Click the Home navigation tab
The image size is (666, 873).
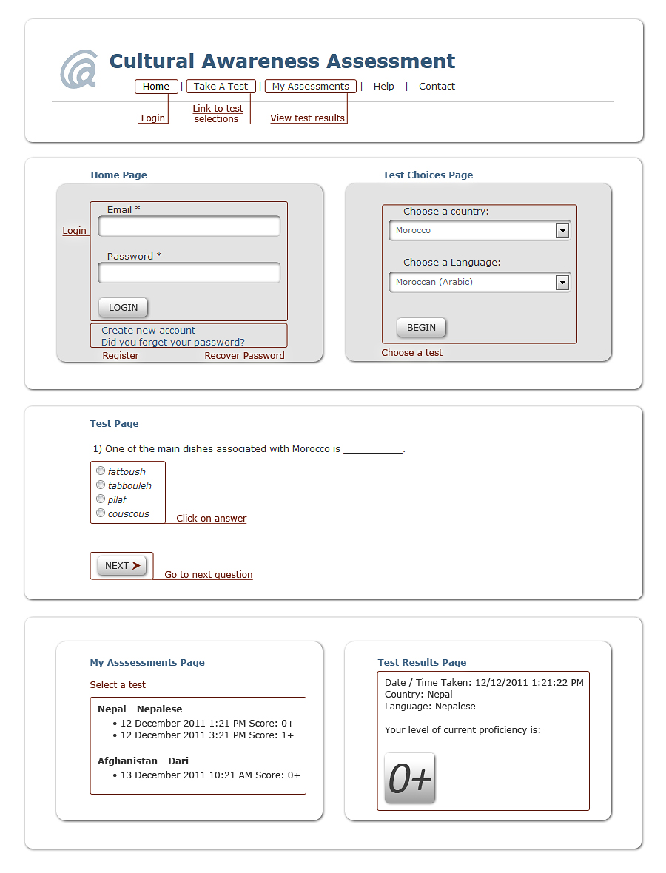[x=156, y=87]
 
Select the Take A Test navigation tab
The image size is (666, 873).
[x=221, y=87]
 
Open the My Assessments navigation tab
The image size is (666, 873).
[x=310, y=87]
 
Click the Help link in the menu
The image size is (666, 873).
[x=383, y=87]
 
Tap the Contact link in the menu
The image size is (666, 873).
[x=437, y=87]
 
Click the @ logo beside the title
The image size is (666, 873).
[x=78, y=70]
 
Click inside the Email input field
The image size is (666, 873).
[x=189, y=226]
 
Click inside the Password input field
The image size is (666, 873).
[x=189, y=273]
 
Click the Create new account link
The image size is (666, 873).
[x=149, y=331]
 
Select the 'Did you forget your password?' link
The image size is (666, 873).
[x=173, y=343]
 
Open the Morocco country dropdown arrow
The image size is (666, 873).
[x=562, y=231]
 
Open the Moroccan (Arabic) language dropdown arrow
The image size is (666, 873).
[x=562, y=283]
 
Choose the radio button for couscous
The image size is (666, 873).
[x=101, y=513]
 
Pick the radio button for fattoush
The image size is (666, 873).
[x=101, y=471]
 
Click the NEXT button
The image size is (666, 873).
[x=122, y=566]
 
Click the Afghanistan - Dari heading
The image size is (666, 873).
[x=143, y=761]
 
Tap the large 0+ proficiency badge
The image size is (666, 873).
[x=410, y=778]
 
